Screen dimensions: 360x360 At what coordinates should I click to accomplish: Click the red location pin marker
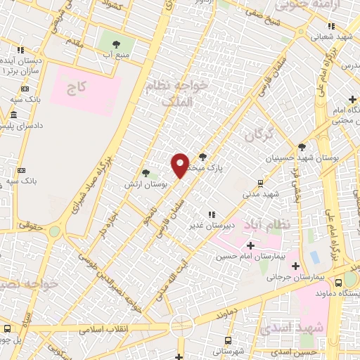tap(181, 165)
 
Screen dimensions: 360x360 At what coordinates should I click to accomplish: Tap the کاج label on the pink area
tap(76, 89)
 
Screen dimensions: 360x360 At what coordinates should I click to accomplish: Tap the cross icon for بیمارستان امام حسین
tap(250, 245)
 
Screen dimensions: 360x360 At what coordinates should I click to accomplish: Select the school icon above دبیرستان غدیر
tap(210, 214)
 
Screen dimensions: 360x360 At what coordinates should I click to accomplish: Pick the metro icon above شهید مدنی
tap(261, 182)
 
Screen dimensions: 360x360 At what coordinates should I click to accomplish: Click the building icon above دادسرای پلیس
tap(14, 114)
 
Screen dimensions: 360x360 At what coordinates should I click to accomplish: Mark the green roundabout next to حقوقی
tap(53, 231)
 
